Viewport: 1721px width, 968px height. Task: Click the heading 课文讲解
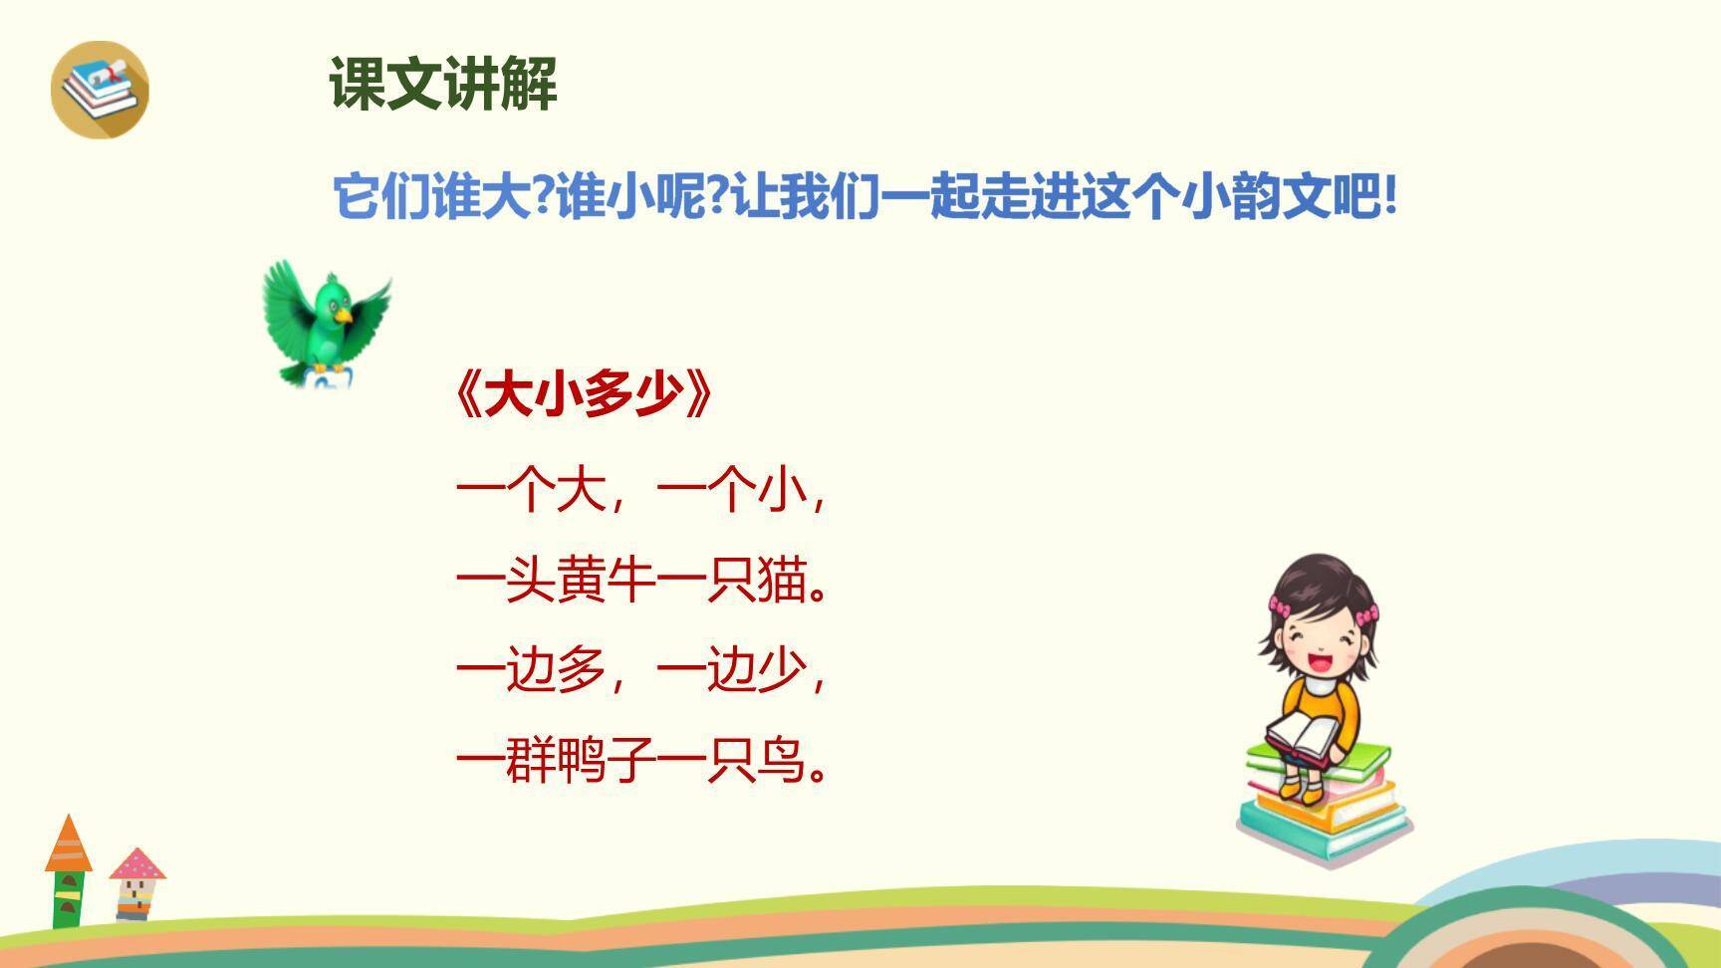tap(443, 84)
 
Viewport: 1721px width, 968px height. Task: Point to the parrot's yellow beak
tap(344, 315)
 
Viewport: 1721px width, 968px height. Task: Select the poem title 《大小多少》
tap(584, 395)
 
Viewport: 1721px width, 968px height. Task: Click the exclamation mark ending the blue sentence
tap(1390, 196)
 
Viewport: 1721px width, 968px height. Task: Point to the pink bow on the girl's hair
tap(1280, 605)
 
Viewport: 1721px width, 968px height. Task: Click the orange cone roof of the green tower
tap(68, 845)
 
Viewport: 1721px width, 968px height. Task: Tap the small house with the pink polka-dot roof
tap(136, 881)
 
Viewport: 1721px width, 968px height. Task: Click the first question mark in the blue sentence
tap(543, 196)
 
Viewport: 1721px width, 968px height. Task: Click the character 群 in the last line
tap(531, 762)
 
